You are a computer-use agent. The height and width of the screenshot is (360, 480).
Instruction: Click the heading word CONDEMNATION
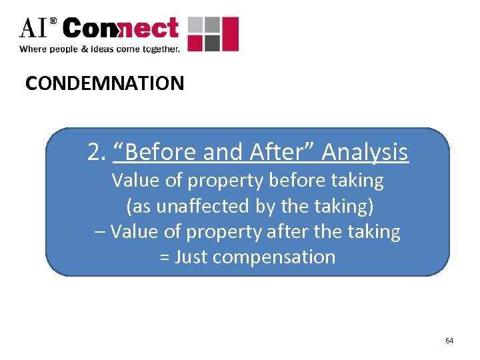click(105, 83)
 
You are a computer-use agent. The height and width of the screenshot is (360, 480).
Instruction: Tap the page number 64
click(449, 341)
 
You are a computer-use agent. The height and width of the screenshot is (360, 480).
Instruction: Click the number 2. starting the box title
click(97, 153)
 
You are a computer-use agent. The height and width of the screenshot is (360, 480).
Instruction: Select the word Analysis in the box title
click(365, 153)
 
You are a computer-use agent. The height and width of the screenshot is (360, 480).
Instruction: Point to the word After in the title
click(283, 153)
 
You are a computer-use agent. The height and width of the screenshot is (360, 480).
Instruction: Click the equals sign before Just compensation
click(165, 257)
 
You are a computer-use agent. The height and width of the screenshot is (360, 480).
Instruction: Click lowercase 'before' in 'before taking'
click(301, 181)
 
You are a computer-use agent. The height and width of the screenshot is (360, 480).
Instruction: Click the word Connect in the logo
click(121, 29)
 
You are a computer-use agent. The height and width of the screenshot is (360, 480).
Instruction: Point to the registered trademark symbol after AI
click(53, 22)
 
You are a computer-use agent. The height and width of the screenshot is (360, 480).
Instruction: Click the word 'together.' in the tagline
click(158, 49)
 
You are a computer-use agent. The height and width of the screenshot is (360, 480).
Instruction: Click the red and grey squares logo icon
click(213, 34)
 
